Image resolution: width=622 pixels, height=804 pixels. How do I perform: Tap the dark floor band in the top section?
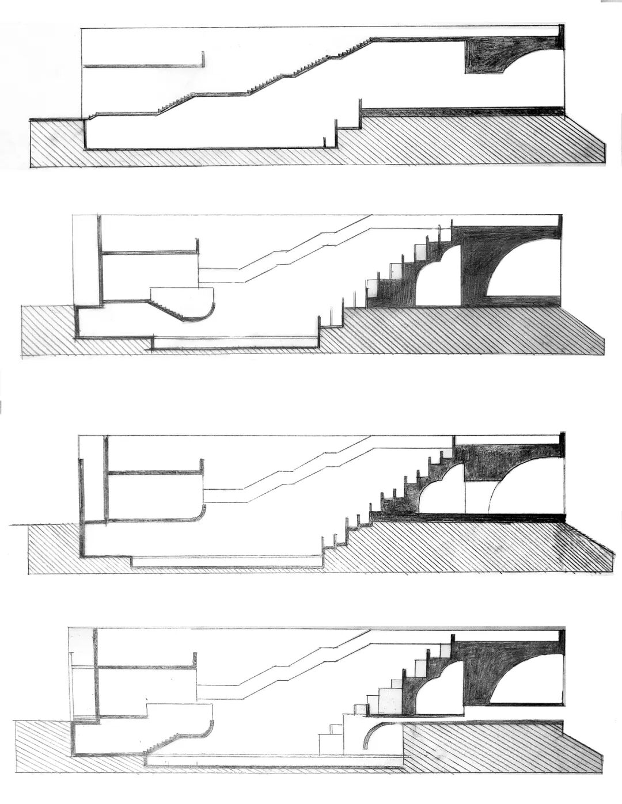click(461, 111)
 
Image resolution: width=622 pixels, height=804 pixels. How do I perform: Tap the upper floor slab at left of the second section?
click(150, 252)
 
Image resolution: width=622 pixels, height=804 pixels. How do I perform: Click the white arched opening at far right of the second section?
click(527, 270)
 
